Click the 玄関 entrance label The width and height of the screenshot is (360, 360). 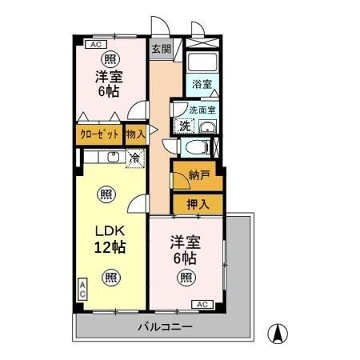pos(161,49)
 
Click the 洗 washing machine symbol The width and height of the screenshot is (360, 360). pos(185,126)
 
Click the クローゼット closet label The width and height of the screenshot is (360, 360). pos(100,134)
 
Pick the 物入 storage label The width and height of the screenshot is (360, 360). pos(135,134)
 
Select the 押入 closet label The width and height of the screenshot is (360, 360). pos(198,204)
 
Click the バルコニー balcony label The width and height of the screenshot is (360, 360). pos(165,327)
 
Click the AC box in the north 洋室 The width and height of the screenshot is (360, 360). pos(94,45)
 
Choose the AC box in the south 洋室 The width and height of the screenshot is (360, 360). pos(202,304)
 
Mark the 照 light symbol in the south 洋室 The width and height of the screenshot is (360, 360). pos(186,278)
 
